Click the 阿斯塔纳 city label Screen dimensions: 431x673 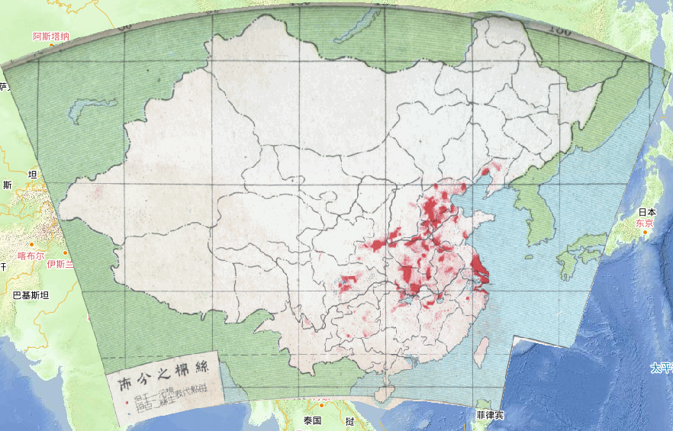tap(51, 36)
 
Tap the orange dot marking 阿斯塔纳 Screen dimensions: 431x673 tap(52, 45)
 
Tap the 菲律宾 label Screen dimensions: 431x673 tap(489, 416)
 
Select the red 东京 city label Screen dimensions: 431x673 tap(645, 224)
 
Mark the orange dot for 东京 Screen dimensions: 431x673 tap(645, 232)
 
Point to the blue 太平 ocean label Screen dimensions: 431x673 tap(661, 368)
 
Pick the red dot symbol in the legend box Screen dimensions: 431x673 tap(127, 399)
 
